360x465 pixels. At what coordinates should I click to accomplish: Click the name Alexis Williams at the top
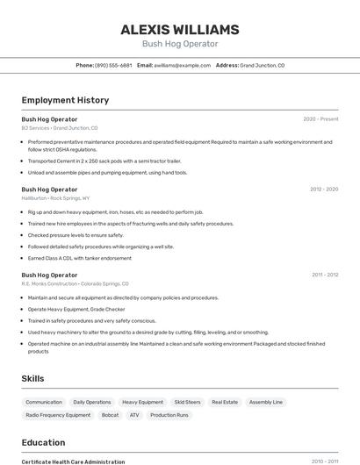click(180, 30)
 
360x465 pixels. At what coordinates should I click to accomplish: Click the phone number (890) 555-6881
click(113, 65)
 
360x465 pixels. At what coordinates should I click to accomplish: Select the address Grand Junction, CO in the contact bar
click(262, 65)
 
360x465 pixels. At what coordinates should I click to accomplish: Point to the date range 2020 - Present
click(320, 118)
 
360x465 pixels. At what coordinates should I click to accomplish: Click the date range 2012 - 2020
click(323, 189)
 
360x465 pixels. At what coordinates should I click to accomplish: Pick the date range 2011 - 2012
click(324, 275)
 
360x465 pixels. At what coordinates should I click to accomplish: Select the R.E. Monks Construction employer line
click(75, 284)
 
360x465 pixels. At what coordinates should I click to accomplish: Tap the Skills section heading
click(33, 378)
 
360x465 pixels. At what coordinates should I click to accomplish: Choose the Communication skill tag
click(44, 402)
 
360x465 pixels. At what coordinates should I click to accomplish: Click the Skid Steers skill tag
click(187, 402)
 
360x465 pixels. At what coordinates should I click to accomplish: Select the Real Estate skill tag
click(225, 402)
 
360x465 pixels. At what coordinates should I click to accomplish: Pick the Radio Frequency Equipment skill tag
click(58, 415)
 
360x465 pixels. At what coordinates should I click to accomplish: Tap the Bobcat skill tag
click(110, 415)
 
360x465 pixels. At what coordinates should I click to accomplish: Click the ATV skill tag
click(134, 415)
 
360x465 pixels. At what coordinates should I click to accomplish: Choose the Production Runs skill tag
click(169, 415)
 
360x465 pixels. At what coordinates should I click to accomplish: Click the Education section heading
click(43, 442)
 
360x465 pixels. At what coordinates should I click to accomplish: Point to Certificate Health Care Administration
click(73, 461)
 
